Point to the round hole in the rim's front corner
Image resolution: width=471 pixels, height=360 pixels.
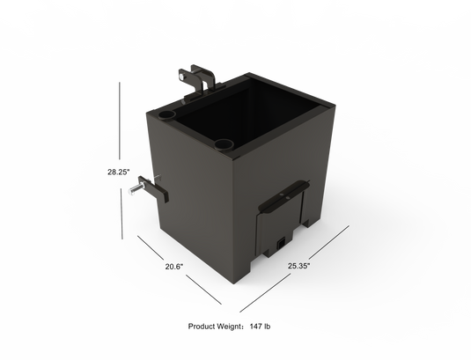(x=223, y=143)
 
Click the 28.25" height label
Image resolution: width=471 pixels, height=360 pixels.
(x=119, y=173)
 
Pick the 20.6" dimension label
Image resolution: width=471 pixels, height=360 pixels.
(x=173, y=265)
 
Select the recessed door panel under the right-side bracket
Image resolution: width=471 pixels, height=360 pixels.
(x=280, y=224)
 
